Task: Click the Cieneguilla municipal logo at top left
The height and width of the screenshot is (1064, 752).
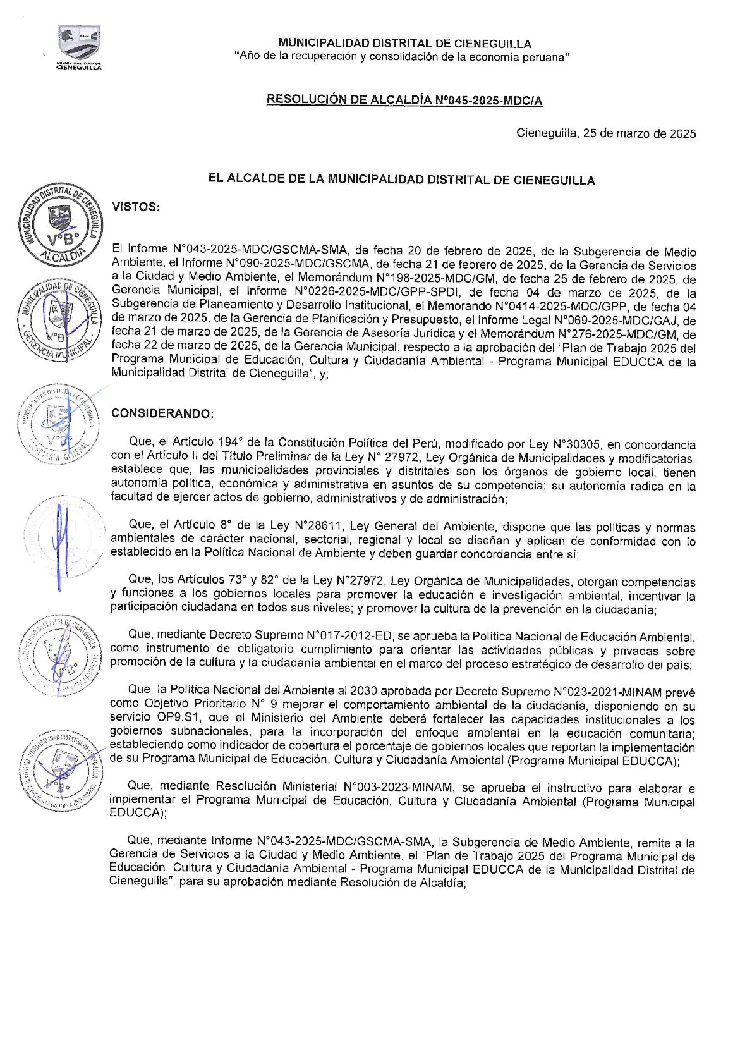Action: click(79, 47)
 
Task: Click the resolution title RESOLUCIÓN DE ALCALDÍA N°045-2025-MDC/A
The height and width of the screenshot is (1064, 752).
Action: click(404, 100)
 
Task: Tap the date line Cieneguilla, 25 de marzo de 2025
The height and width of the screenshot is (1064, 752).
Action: click(606, 133)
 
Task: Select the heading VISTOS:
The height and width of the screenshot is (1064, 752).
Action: click(135, 207)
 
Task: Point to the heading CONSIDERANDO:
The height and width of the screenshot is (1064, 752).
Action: click(162, 413)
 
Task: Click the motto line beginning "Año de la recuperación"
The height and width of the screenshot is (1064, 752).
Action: click(402, 57)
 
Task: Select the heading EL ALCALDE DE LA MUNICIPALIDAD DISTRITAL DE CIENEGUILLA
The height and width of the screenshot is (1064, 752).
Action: click(402, 180)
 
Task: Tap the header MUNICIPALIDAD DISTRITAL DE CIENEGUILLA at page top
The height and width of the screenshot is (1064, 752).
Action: click(404, 44)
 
